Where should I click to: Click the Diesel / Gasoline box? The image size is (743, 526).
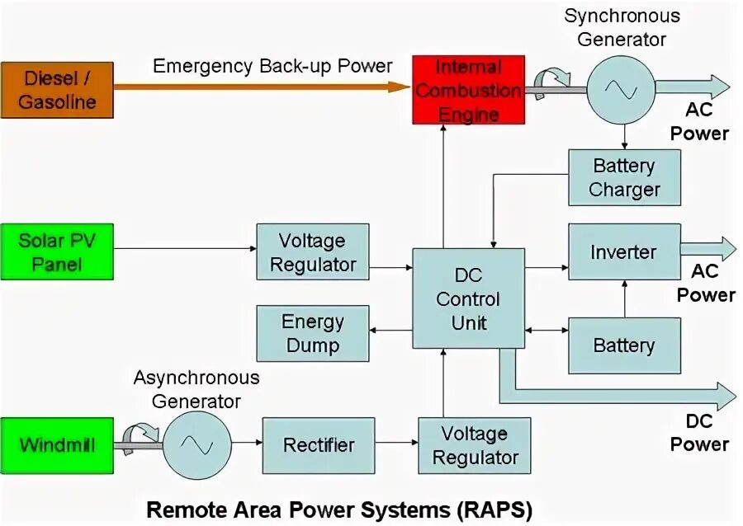57,90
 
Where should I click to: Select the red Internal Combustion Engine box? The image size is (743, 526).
468,90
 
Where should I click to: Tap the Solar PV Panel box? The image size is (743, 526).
57,252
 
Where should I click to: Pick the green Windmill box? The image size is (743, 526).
57,445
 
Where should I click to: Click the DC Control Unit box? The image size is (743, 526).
468,298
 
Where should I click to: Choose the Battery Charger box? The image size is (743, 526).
624,177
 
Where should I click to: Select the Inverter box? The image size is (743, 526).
624,252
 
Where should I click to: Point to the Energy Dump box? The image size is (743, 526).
313,332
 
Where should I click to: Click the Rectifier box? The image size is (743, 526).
319,445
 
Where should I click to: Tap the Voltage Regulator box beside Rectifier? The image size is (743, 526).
474,445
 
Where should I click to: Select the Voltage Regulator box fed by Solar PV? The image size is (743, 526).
313,252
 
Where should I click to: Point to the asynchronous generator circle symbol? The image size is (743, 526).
196,445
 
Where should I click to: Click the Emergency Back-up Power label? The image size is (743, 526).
272,66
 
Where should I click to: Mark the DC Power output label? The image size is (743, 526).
699,433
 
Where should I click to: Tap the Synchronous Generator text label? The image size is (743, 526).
622,27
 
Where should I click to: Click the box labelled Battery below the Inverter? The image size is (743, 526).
624,345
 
